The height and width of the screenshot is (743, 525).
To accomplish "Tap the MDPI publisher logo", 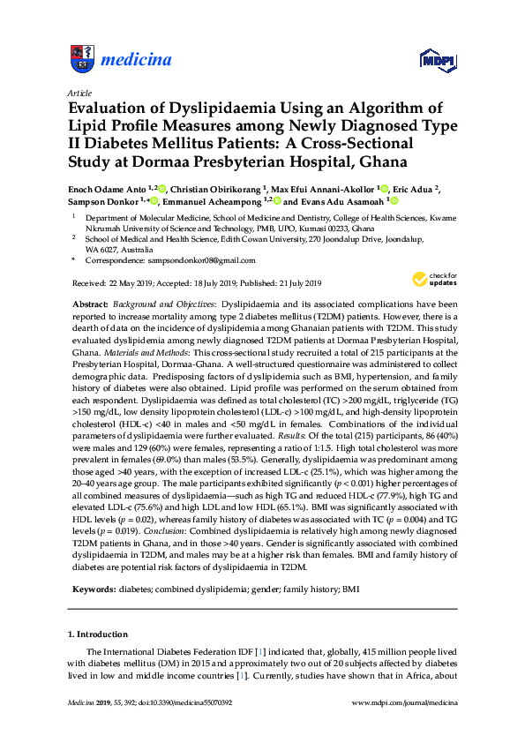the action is pos(436,60).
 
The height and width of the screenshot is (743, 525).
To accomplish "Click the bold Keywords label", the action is pos(94,563).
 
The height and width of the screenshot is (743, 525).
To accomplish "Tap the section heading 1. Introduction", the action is pos(98,609).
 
